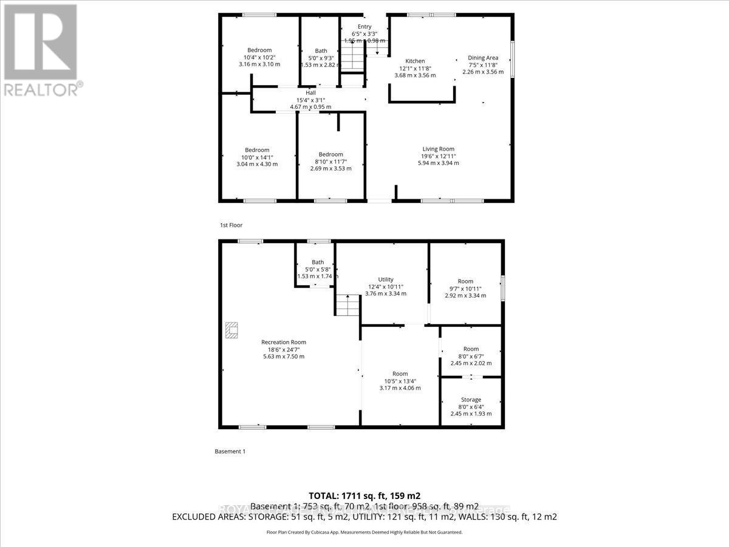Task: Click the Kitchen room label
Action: point(415,61)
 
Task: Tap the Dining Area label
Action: point(483,57)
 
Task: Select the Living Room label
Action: point(438,149)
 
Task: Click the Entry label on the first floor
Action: point(364,26)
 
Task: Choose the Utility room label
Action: point(386,279)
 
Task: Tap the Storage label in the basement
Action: point(471,399)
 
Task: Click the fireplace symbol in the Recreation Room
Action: point(231,330)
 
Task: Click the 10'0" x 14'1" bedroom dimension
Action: point(257,157)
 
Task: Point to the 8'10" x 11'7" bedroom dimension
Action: point(330,162)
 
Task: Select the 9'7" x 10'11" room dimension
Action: point(465,288)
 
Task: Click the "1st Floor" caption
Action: point(231,225)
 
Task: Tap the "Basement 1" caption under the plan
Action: point(230,452)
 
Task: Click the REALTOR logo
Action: point(41,49)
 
